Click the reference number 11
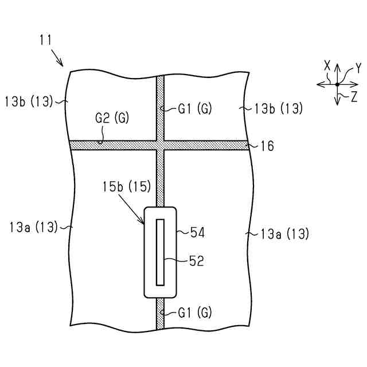(46, 40)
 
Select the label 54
(197, 233)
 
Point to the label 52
(197, 261)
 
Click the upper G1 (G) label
(195, 108)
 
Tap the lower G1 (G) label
(195, 313)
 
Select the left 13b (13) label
(28, 101)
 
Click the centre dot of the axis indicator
(337, 84)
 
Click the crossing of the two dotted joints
(161, 145)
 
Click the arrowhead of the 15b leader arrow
(144, 222)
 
